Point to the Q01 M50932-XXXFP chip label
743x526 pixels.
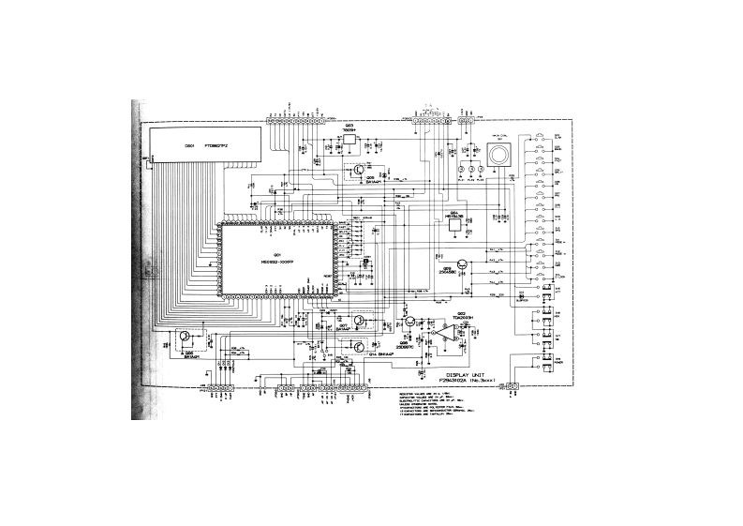tap(276, 260)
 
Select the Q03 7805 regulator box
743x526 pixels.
tap(349, 138)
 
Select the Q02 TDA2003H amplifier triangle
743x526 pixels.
tap(439, 334)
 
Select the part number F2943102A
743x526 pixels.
tap(457, 380)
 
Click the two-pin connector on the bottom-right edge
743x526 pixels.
tap(511, 386)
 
